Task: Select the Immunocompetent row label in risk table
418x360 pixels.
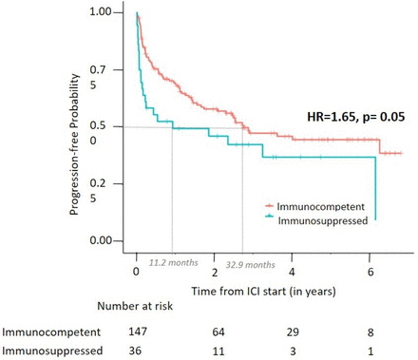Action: coord(44,332)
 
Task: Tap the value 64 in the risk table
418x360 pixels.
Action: coord(216,332)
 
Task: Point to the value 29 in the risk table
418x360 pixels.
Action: coord(293,332)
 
